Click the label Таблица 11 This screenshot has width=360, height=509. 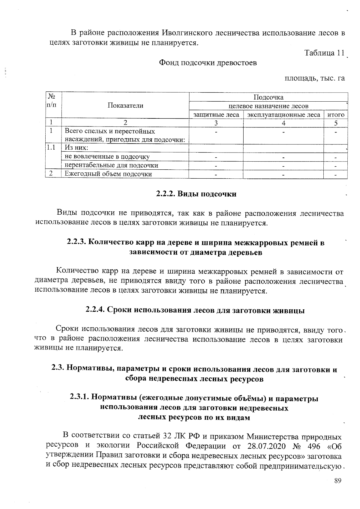click(x=324, y=53)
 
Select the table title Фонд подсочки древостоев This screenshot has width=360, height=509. click(x=208, y=63)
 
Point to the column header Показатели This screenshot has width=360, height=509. click(x=125, y=106)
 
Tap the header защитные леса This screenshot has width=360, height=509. click(x=216, y=115)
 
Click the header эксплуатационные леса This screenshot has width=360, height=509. click(x=283, y=115)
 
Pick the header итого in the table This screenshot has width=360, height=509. click(x=335, y=115)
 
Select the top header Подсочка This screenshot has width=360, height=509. click(x=268, y=97)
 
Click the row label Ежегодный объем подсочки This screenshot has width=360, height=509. click(x=109, y=174)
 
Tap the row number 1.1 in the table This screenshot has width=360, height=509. click(x=51, y=148)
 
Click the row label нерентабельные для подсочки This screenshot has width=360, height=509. click(x=112, y=165)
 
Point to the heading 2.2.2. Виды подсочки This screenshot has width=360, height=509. click(x=196, y=194)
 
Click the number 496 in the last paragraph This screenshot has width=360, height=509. click(x=314, y=446)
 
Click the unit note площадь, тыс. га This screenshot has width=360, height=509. click(x=314, y=79)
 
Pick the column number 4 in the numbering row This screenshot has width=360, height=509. click(x=283, y=123)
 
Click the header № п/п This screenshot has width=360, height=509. click(x=51, y=100)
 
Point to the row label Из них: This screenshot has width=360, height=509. click(x=76, y=148)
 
